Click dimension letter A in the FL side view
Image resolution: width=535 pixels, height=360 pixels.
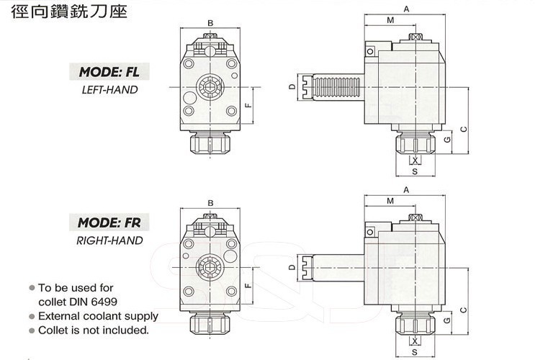pyautogui.click(x=406, y=9)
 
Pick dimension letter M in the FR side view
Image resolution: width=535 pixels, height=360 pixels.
pyautogui.click(x=390, y=199)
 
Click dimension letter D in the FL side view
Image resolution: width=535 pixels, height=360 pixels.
pyautogui.click(x=292, y=87)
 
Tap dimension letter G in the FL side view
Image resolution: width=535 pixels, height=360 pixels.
pyautogui.click(x=447, y=138)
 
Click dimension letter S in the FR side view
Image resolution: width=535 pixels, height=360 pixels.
pyautogui.click(x=414, y=353)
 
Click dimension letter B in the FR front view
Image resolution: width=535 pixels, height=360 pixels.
pyautogui.click(x=210, y=202)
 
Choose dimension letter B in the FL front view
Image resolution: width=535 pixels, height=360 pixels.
pyautogui.click(x=210, y=24)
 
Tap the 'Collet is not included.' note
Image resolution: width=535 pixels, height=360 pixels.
pyautogui.click(x=94, y=330)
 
